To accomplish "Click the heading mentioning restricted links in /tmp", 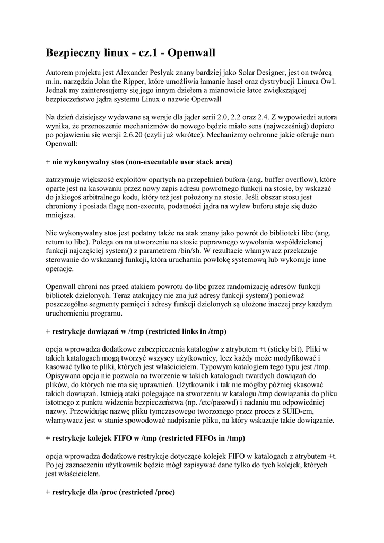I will tap(136, 331).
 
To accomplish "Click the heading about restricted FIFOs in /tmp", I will tap(145, 439).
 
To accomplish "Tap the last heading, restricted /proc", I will tap(110, 492).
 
